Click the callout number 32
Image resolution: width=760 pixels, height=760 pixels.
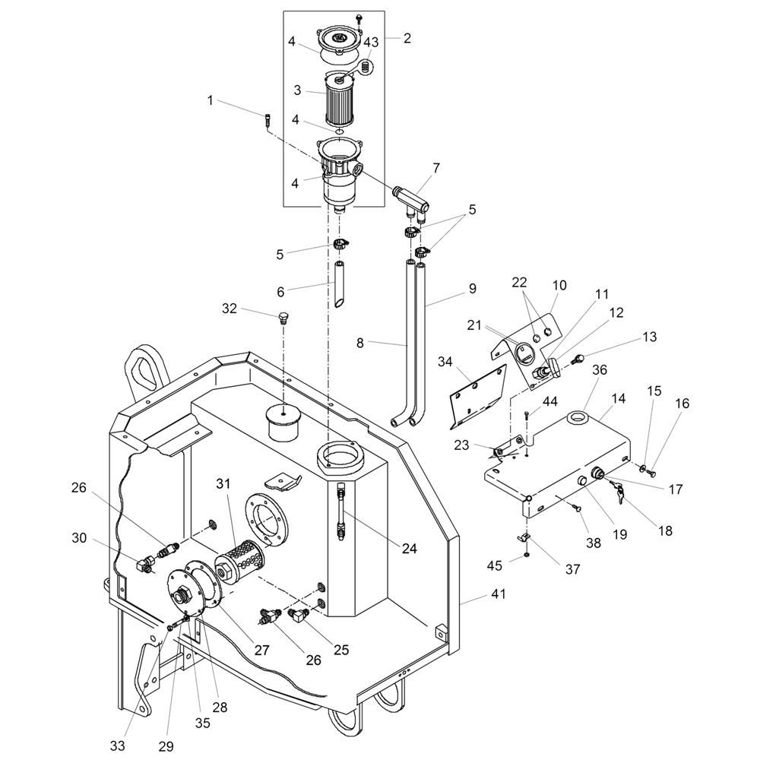point(230,309)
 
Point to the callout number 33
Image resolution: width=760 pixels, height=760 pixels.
point(118,746)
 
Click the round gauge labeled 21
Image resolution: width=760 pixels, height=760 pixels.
point(524,356)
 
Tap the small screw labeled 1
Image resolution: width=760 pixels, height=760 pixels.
point(268,120)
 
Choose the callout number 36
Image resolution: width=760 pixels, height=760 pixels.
point(600,370)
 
